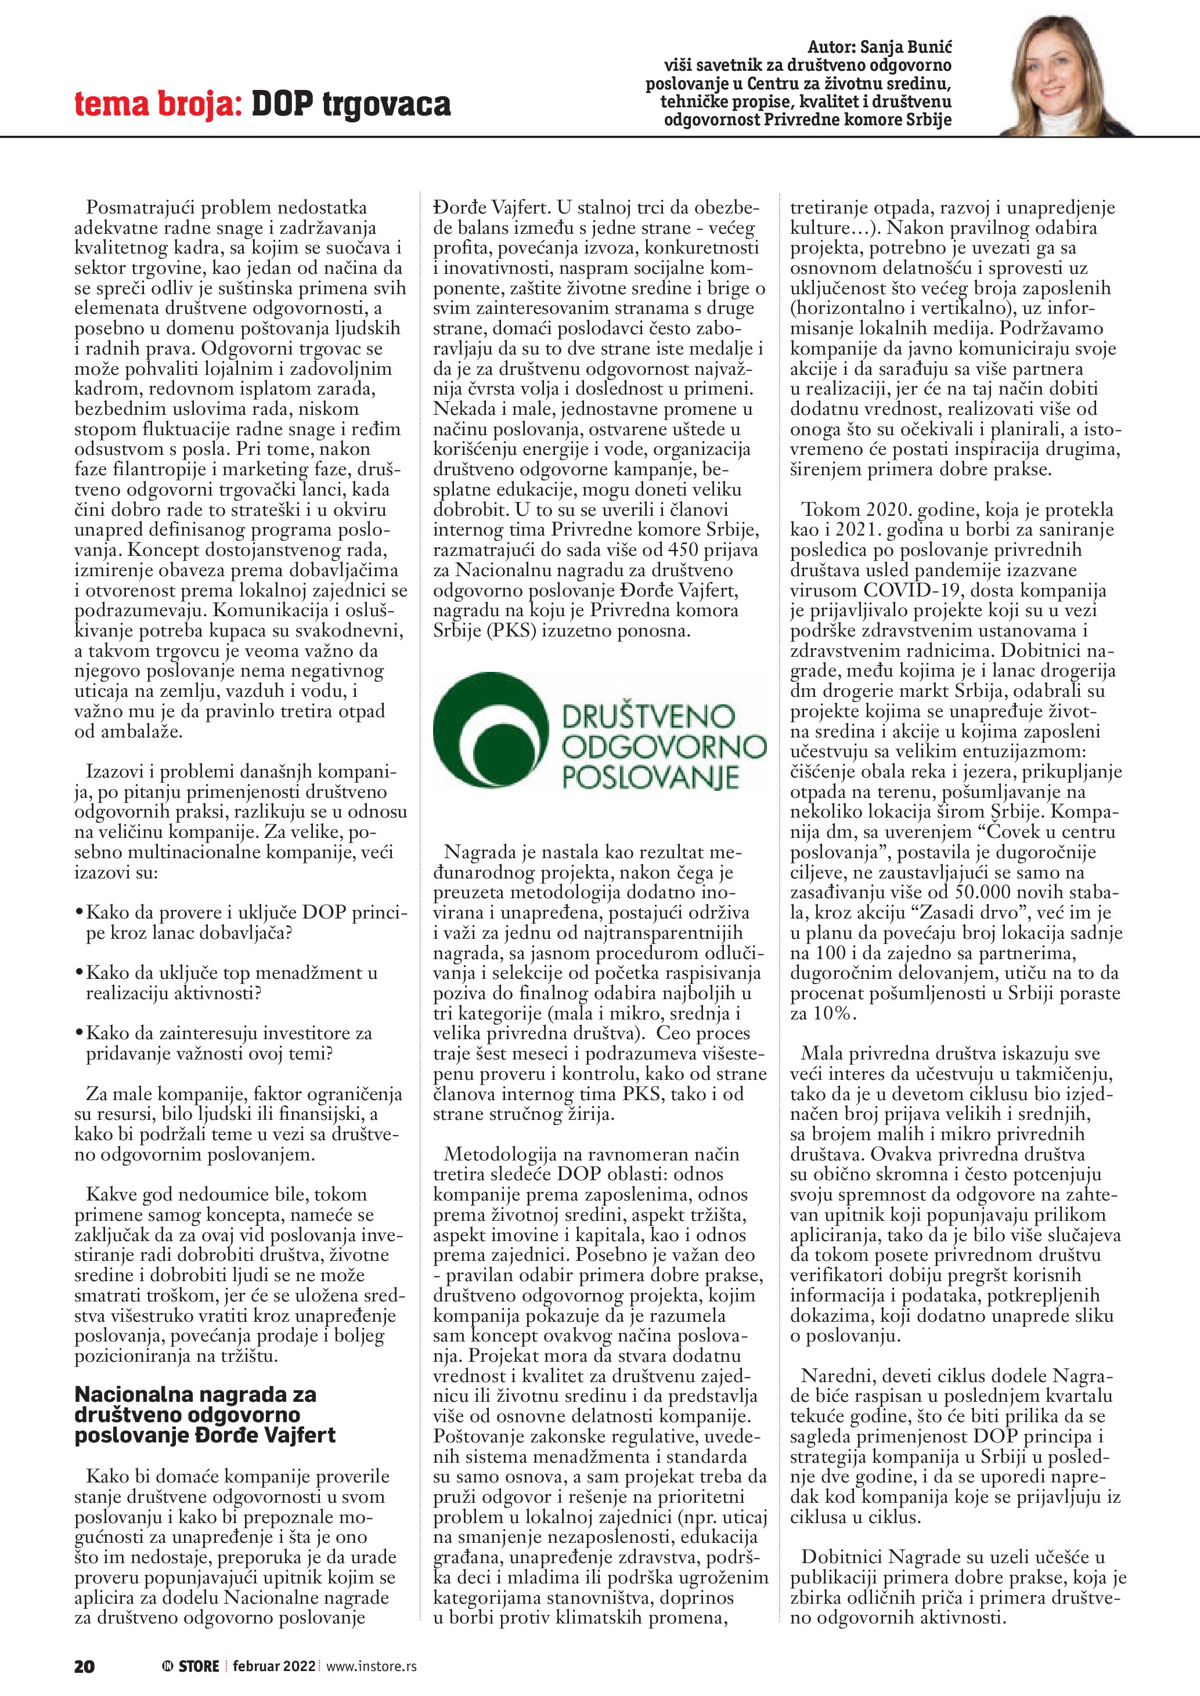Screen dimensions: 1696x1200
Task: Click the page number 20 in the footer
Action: (x=84, y=1666)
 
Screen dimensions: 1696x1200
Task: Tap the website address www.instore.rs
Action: (x=371, y=1666)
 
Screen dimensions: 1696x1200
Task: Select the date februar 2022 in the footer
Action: (x=273, y=1666)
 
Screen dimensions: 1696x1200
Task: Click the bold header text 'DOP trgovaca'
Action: (x=351, y=104)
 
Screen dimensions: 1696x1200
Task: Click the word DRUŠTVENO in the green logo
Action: (x=649, y=716)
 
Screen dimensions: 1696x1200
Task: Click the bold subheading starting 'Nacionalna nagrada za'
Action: (x=196, y=1395)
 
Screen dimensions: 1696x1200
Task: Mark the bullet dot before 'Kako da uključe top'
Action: (x=79, y=974)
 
